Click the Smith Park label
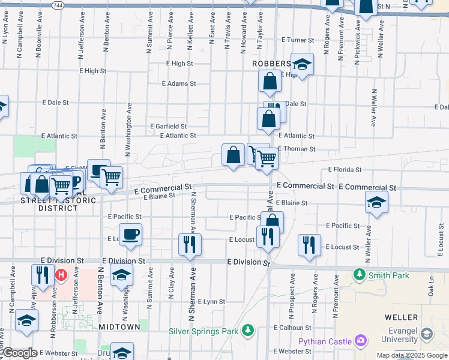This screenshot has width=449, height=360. point(388,275)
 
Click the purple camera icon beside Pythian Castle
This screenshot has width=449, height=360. point(361,341)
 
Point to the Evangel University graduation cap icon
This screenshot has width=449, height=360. point(427,334)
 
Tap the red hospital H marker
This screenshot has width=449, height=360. point(61,275)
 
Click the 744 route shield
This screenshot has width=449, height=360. point(56,4)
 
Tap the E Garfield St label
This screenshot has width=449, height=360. point(168,127)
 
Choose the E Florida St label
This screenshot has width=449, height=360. point(345,170)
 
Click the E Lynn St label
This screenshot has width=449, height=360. point(211,301)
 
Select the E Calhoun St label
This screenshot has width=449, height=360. point(292,328)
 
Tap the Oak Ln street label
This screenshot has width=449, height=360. point(430,290)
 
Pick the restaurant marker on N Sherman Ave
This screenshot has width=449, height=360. point(188,244)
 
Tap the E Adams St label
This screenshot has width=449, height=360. point(179,84)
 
